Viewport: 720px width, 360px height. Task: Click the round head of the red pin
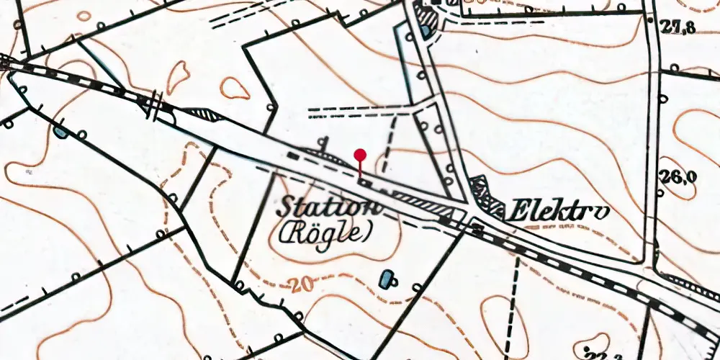pyautogui.click(x=361, y=154)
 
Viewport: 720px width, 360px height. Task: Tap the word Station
pyautogui.click(x=327, y=207)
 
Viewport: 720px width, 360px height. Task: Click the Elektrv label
pyautogui.click(x=557, y=212)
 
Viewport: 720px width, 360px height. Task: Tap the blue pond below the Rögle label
pyautogui.click(x=388, y=277)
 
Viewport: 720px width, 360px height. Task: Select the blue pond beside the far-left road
pyautogui.click(x=60, y=132)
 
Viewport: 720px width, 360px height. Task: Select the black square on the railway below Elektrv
pyautogui.click(x=477, y=230)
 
